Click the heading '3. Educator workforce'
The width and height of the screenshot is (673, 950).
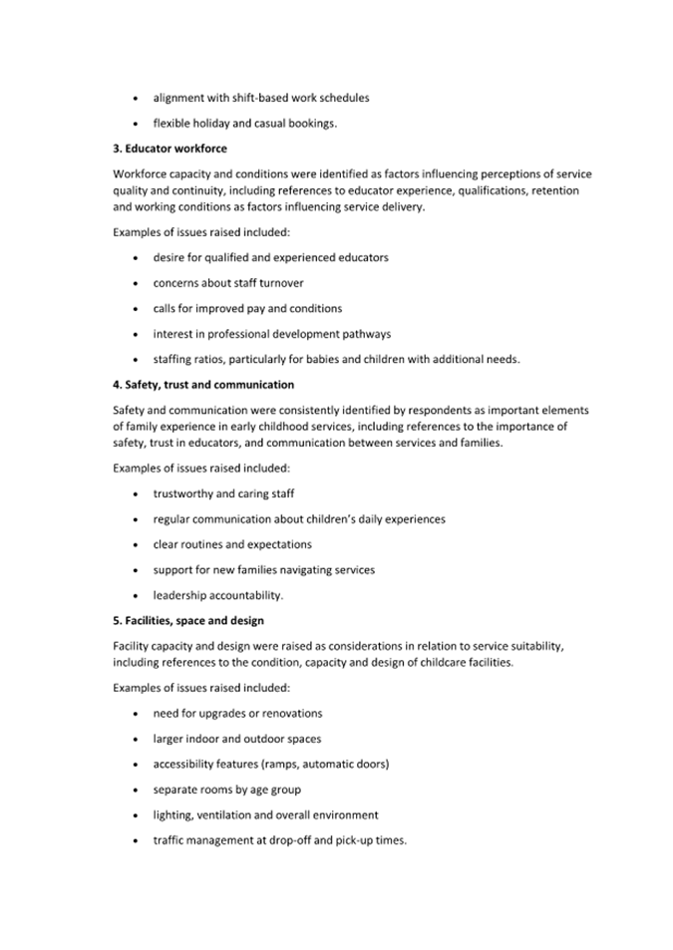[169, 149]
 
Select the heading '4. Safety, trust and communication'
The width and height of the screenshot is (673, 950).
[203, 384]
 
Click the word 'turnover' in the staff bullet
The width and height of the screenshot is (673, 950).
[281, 283]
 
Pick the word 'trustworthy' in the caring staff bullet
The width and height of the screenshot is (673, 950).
[182, 493]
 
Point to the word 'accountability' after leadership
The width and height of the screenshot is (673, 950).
[245, 596]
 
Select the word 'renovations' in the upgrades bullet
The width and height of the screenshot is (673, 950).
[290, 714]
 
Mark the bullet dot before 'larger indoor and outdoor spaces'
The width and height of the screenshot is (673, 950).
[136, 740]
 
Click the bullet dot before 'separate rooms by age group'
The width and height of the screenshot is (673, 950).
[136, 791]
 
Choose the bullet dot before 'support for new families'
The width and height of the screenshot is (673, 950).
[136, 570]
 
